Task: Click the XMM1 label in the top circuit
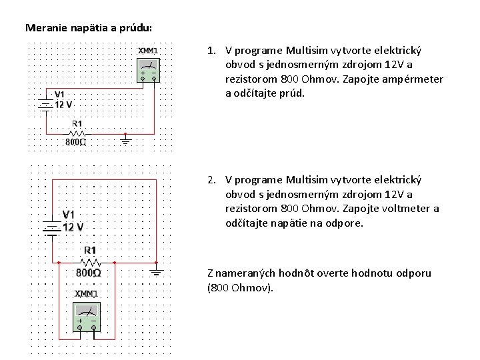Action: (147, 50)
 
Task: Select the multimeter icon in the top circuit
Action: (149, 70)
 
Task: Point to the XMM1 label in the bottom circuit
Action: (85, 293)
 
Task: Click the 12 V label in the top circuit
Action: (64, 105)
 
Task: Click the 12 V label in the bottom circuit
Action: (73, 227)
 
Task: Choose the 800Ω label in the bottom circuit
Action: (89, 273)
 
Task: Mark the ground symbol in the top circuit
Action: (125, 139)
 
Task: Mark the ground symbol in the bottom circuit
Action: (157, 271)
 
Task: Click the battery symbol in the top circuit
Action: (45, 103)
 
